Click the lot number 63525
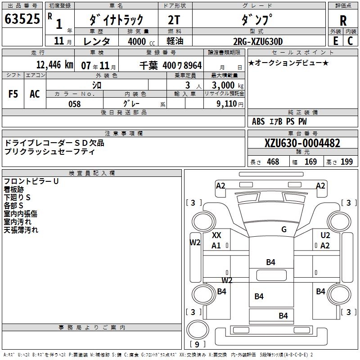[x=22, y=20]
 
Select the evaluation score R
[x=343, y=21]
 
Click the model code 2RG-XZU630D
[x=258, y=41]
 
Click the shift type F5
[x=13, y=94]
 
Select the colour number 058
[x=74, y=104]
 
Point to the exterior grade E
[x=335, y=41]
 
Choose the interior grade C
[x=350, y=41]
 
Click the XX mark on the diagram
[x=216, y=235]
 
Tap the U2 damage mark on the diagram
[x=325, y=235]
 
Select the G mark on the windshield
[x=284, y=229]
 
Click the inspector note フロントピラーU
[x=31, y=181]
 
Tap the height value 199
[x=346, y=162]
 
